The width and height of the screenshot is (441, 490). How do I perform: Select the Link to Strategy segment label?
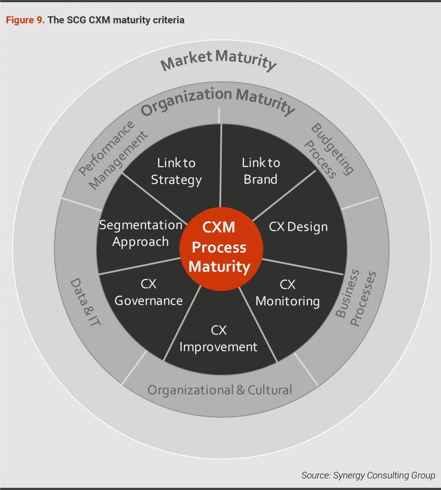point(176,171)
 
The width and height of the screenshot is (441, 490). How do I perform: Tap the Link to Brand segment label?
point(260,171)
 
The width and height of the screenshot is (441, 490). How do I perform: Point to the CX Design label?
point(298,226)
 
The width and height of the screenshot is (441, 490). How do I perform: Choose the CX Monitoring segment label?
point(288,293)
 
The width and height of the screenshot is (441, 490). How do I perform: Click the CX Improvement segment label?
point(218,338)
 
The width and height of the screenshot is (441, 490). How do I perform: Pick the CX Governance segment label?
point(149,292)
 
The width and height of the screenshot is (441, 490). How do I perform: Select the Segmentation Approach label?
point(140,233)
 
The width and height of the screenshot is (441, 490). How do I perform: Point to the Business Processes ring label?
point(355,298)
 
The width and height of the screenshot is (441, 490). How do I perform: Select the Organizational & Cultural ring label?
point(219,390)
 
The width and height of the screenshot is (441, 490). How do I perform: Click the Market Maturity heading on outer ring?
point(219,62)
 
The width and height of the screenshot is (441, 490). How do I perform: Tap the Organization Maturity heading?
point(217,101)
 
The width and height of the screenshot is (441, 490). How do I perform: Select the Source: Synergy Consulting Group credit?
point(368,475)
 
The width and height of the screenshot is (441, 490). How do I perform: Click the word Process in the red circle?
point(219,247)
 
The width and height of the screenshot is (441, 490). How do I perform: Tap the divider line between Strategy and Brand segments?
point(220,158)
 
